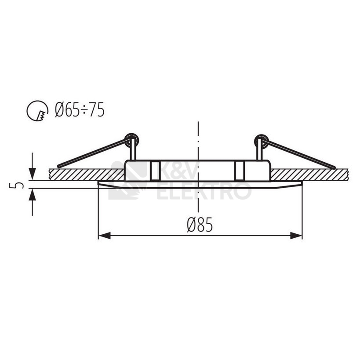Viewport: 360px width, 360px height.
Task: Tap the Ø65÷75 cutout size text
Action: (x=80, y=110)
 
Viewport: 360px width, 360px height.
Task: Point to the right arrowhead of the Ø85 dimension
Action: (x=298, y=236)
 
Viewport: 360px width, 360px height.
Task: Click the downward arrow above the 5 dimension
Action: (x=32, y=173)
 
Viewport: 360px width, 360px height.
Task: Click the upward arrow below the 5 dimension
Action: (x=32, y=195)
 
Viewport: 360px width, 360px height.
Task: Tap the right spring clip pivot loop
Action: (x=261, y=140)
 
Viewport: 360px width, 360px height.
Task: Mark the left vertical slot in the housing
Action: (x=154, y=171)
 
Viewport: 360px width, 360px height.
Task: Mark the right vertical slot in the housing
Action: (x=240, y=171)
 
